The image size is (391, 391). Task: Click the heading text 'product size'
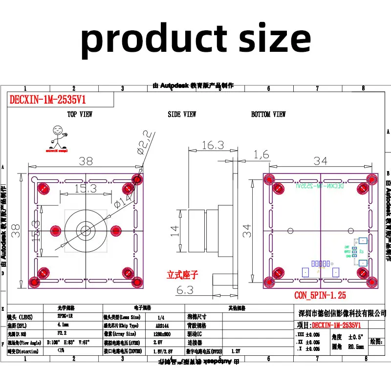(x=195, y=39)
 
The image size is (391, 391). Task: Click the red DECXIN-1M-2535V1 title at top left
(x=47, y=100)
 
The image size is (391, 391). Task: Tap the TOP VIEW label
(x=80, y=114)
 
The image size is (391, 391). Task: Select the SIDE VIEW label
(x=182, y=114)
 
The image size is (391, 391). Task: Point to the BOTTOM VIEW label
(x=268, y=114)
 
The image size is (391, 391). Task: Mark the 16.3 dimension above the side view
(x=212, y=145)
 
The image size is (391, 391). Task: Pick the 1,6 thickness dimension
(x=261, y=155)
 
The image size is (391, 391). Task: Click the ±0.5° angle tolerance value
(x=356, y=337)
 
